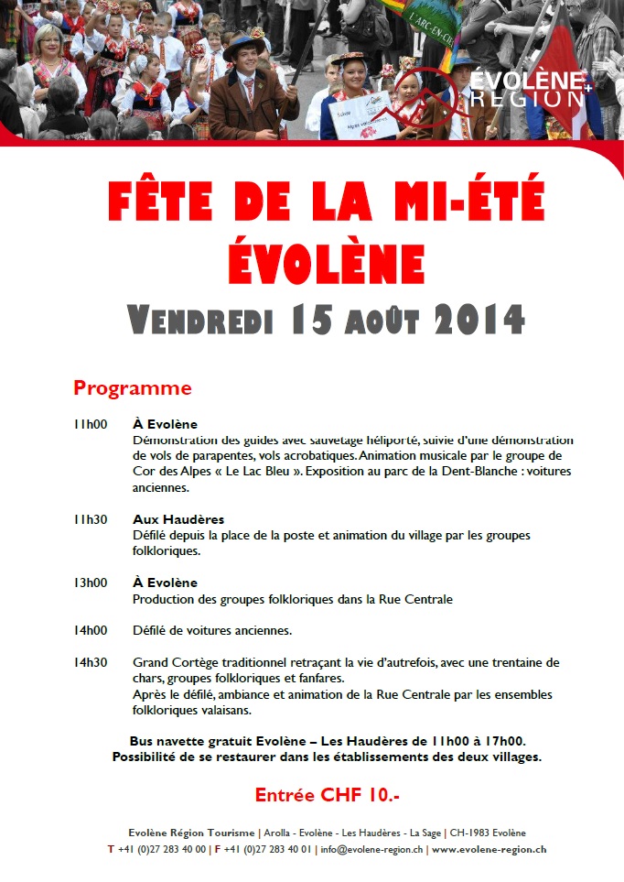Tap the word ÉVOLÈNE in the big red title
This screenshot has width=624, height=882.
coord(327,261)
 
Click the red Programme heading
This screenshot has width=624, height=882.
coord(132,387)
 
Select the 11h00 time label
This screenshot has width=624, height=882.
coord(91,424)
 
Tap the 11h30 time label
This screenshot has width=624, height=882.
coord(91,519)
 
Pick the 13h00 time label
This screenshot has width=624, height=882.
coord(91,583)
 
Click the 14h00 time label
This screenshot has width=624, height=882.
coord(91,631)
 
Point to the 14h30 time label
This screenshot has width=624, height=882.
coord(91,662)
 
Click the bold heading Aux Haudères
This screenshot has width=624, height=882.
coord(178,519)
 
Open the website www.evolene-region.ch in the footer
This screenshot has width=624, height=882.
coord(489,849)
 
